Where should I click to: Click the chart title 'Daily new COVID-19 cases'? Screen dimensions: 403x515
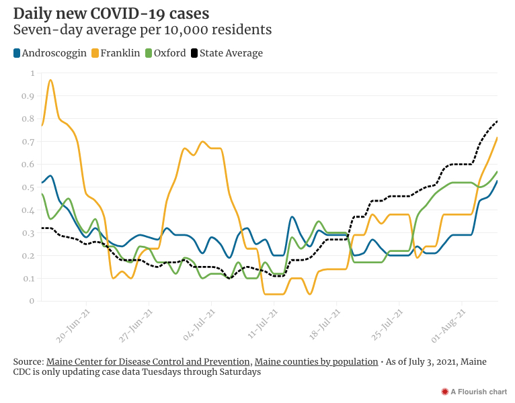point(111,13)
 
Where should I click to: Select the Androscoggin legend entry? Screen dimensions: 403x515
point(50,53)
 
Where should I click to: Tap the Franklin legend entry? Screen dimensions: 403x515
point(120,53)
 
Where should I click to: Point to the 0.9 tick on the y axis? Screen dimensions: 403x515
point(28,96)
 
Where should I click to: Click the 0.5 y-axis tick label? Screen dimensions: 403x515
point(28,187)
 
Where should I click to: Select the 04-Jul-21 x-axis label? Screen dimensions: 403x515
point(200,324)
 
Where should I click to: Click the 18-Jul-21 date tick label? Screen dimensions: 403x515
point(326,324)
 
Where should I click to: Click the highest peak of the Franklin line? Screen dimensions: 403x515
point(50,81)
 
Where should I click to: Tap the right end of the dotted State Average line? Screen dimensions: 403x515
point(497,122)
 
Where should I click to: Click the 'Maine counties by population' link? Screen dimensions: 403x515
point(316,361)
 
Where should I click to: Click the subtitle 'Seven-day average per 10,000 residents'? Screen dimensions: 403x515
point(143,30)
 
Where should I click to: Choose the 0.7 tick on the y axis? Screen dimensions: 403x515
point(28,142)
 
